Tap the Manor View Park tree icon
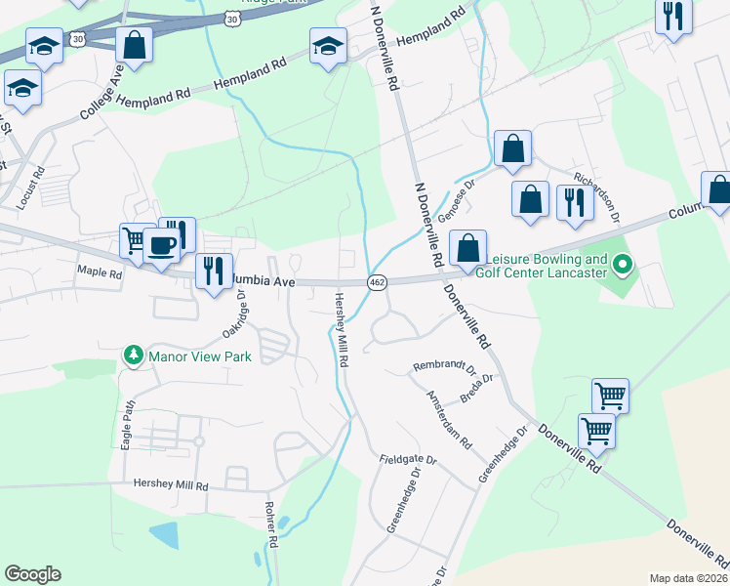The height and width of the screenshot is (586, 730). pos(135,356)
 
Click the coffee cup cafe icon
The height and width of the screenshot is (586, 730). pos(162,244)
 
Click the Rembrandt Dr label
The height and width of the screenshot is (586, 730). pos(443,367)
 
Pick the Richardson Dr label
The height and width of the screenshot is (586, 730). pos(597,192)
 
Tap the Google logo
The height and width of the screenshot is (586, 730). pos(32,573)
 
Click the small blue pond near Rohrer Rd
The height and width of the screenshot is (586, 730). pos(164,535)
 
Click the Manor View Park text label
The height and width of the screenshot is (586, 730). pos(200,356)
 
